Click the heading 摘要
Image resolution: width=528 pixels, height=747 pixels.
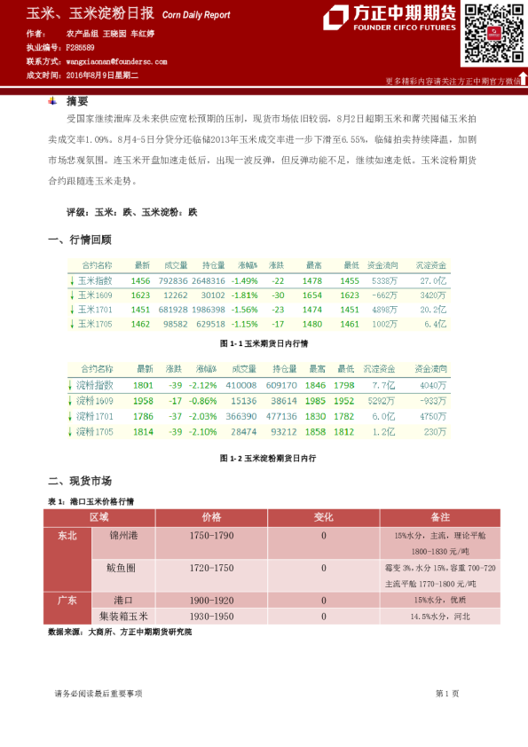[77, 101]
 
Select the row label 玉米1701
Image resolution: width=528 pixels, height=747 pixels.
[94, 310]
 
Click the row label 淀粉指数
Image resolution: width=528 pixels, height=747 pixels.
[95, 385]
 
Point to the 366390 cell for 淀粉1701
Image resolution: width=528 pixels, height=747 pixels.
[240, 415]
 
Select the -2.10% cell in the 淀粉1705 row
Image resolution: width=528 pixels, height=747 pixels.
[205, 431]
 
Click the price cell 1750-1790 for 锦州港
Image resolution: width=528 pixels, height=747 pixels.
[211, 536]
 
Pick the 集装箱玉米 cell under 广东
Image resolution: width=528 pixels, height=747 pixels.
[123, 615]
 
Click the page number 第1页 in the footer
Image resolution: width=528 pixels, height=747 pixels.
[447, 693]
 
